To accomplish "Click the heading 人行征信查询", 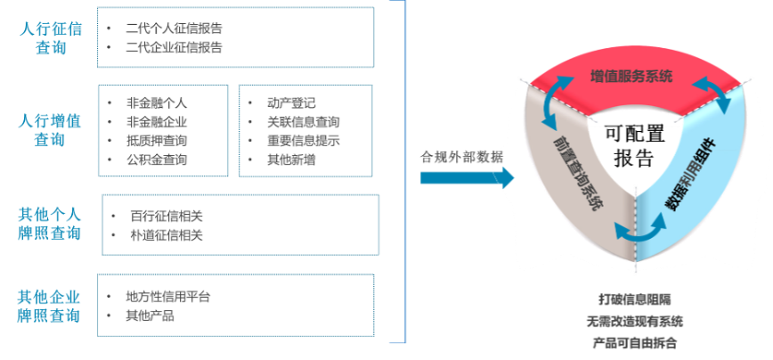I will pyautogui.click(x=52, y=37).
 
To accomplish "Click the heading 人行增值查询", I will pyautogui.click(x=52, y=128).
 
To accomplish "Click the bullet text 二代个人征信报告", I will pyautogui.click(x=175, y=28).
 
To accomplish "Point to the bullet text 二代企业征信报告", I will pyautogui.click(x=175, y=46).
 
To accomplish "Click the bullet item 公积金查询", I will pyautogui.click(x=158, y=160).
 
